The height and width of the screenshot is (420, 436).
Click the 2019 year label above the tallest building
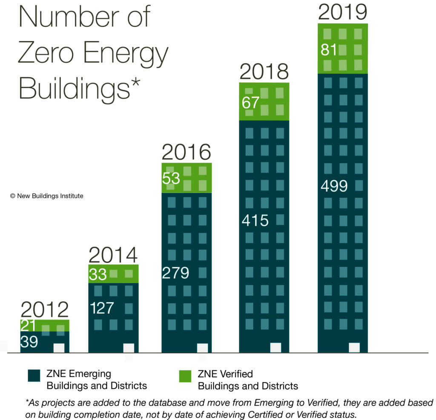coord(343,12)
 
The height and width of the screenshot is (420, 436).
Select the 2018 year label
coord(264,72)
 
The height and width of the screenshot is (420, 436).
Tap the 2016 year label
coord(186,152)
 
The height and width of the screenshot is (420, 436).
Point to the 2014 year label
coord(113,255)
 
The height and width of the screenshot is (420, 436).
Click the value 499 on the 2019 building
coord(334,186)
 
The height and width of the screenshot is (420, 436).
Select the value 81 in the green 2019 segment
coord(329,50)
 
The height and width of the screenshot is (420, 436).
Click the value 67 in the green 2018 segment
coord(250,102)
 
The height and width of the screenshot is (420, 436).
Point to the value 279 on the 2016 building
coord(175,272)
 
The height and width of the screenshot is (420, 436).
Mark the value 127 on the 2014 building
coord(102,308)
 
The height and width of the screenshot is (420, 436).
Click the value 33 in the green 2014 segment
coord(98,275)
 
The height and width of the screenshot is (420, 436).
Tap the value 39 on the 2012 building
coord(29,342)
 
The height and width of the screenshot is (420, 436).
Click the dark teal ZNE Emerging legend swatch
coord(34,376)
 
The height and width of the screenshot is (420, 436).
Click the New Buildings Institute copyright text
coord(46,196)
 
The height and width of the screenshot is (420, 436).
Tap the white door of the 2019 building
coord(354,347)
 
